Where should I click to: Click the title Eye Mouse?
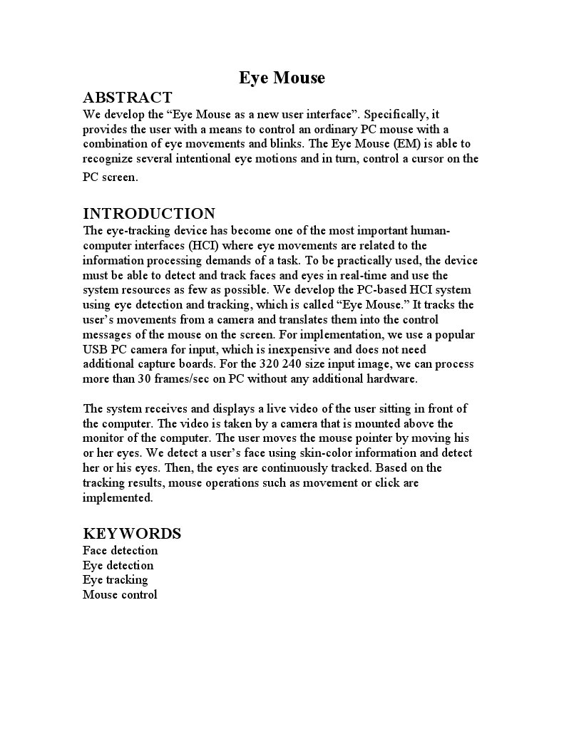coord(282,78)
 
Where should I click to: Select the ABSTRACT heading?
coord(128,98)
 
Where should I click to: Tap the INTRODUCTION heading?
coord(149,214)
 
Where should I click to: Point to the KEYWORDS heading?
coord(132,534)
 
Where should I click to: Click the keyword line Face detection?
coord(120,550)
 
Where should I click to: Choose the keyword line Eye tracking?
coord(115,579)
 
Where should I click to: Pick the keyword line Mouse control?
coord(120,594)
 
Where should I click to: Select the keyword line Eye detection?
coord(118,565)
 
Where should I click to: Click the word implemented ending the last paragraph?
coord(118,498)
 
